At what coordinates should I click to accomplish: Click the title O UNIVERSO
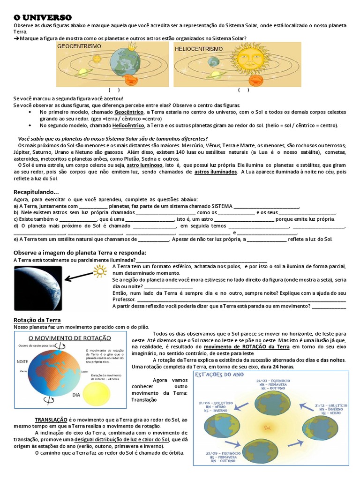pos(43,17)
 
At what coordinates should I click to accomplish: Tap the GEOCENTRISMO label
pos(79,47)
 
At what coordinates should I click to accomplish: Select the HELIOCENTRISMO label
pos(198,49)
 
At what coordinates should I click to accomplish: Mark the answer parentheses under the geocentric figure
pos(114,90)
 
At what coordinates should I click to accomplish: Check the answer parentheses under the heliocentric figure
pos(243,90)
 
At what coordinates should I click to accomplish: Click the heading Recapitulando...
pos(36,192)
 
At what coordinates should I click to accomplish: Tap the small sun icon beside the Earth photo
pos(100,271)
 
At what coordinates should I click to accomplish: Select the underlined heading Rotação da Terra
pos(37,320)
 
